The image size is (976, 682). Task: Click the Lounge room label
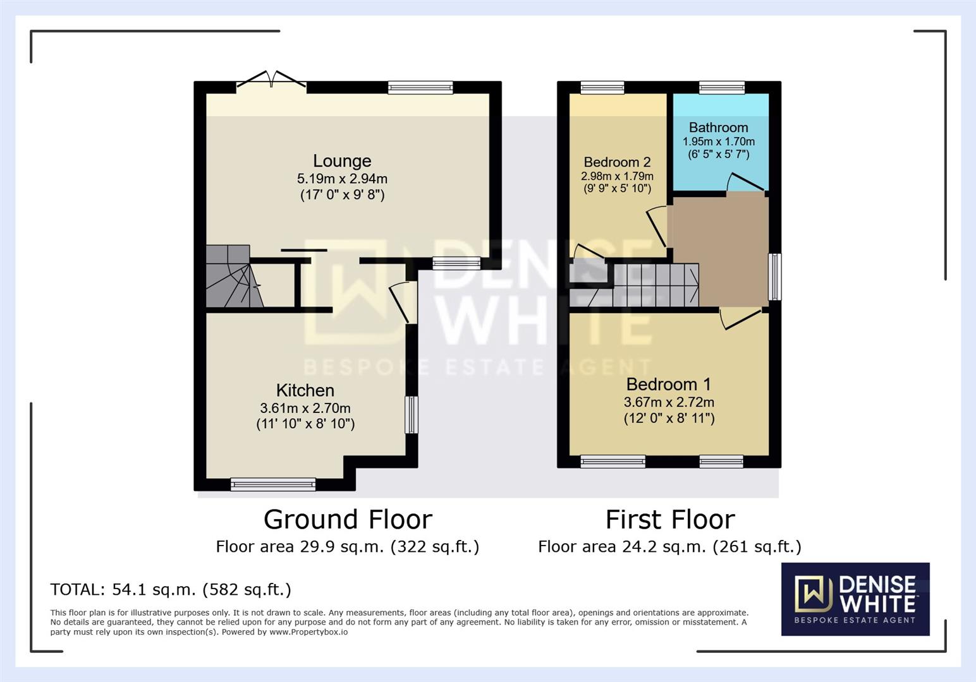click(x=342, y=161)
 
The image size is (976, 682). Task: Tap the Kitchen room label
click(x=305, y=390)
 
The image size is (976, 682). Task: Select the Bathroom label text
click(x=718, y=128)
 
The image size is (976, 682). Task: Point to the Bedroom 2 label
click(x=617, y=162)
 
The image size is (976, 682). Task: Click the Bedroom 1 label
click(x=668, y=384)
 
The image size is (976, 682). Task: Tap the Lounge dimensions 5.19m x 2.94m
click(x=342, y=179)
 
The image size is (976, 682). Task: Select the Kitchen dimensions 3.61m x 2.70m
click(x=305, y=408)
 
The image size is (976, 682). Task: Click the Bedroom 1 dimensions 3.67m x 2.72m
click(x=669, y=402)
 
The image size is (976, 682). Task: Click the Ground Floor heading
click(x=348, y=520)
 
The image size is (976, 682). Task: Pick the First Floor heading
click(x=670, y=520)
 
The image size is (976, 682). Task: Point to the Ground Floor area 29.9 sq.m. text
click(x=347, y=546)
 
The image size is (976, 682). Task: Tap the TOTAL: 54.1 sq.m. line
click(x=171, y=589)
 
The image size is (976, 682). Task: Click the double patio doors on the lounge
click(x=272, y=80)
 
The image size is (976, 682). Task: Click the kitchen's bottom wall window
click(x=273, y=484)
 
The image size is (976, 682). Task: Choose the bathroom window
click(x=721, y=88)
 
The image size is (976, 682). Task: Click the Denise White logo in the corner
click(x=855, y=598)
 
